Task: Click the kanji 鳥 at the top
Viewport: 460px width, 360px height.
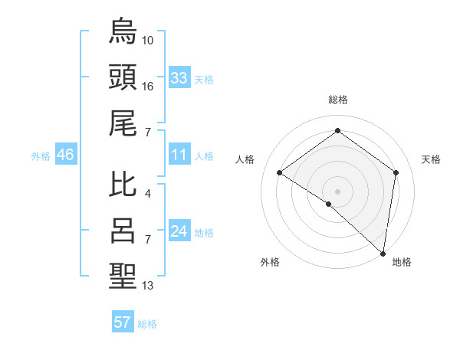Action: point(123,31)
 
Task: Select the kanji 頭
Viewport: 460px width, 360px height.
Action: point(123,77)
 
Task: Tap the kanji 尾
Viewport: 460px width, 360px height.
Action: point(123,123)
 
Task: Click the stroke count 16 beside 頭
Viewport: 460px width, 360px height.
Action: point(148,87)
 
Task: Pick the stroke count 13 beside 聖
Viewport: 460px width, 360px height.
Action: point(148,286)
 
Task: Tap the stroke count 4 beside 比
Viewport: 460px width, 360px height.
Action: point(148,194)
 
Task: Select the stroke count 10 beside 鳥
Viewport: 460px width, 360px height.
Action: point(148,40)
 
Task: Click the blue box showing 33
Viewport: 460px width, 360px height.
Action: point(179,78)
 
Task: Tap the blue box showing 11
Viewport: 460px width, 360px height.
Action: point(179,155)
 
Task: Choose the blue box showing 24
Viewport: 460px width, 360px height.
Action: point(179,232)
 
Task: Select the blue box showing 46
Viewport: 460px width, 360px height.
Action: point(65,155)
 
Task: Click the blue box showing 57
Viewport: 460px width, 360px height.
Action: point(123,322)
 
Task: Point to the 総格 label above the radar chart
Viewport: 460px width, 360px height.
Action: point(337,100)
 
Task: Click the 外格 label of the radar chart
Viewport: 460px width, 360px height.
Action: point(270,263)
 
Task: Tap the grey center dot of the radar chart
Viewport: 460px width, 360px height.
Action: point(337,190)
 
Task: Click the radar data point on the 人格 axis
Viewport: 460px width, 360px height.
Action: point(280,173)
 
